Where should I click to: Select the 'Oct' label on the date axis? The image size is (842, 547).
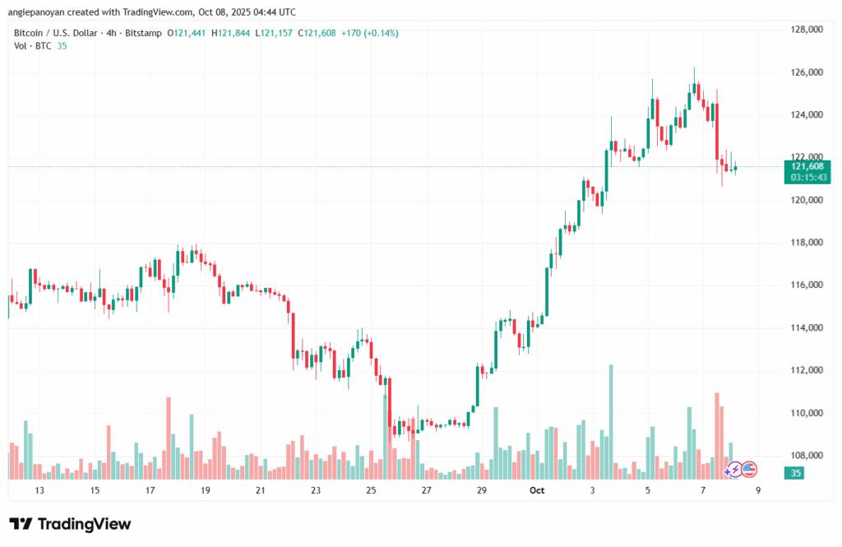pos(537,490)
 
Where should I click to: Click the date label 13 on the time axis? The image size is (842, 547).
pos(39,490)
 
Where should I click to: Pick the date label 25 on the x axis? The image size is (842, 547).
pos(371,490)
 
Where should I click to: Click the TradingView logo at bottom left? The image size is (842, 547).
pos(70,524)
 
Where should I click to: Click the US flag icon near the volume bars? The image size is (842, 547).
pos(748,470)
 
